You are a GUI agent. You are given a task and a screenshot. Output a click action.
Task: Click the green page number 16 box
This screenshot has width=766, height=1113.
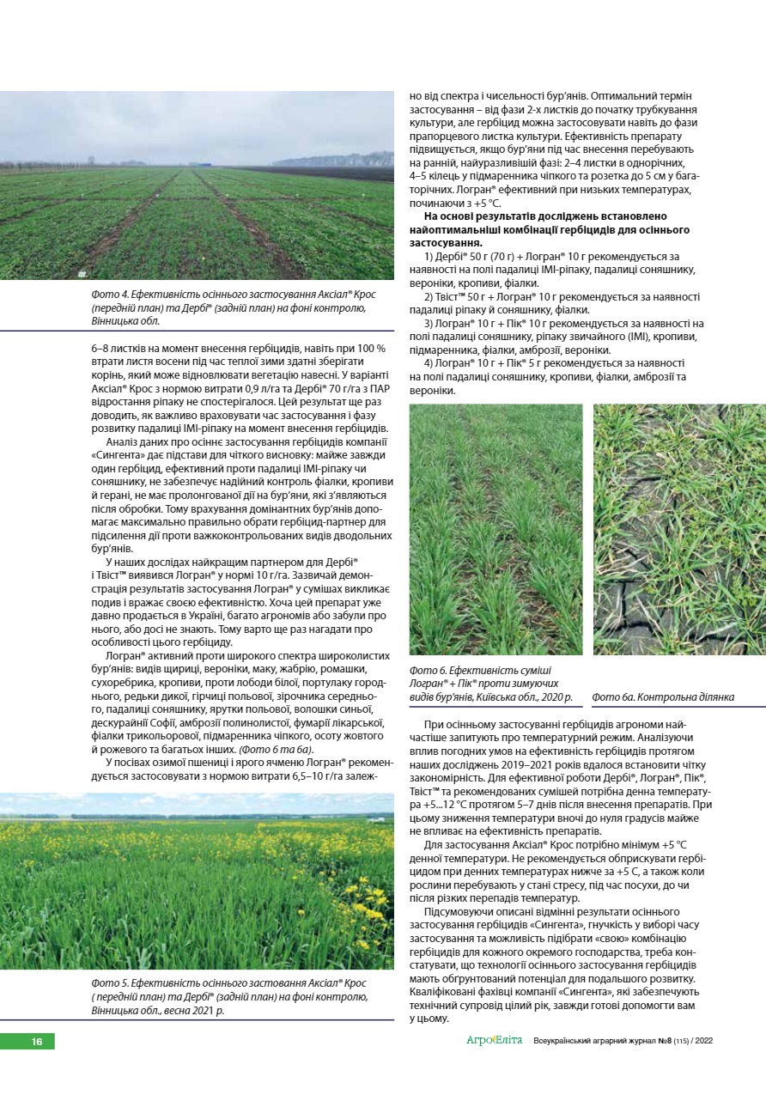click(x=27, y=1041)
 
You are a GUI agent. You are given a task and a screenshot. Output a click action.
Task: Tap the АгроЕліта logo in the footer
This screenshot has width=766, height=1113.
click(x=494, y=1041)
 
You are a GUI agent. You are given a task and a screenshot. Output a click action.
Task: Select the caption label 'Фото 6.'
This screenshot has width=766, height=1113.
click(x=429, y=670)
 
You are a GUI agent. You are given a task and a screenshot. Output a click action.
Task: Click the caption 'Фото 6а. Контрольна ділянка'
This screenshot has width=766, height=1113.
click(x=663, y=696)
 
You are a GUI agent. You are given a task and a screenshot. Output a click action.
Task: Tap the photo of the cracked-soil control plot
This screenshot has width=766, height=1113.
click(x=678, y=529)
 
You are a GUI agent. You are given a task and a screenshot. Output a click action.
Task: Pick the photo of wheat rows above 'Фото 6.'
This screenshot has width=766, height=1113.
click(x=495, y=529)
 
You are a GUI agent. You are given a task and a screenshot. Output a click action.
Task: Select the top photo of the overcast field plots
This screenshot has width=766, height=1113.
click(x=197, y=185)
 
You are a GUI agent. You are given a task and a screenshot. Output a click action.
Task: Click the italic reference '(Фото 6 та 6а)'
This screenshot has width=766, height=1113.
click(x=275, y=749)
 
